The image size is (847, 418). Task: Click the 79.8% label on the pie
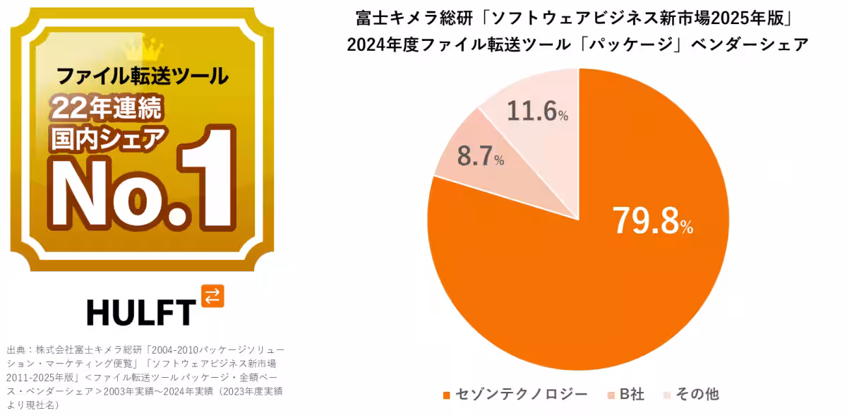652,221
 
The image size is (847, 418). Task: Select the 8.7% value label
480,157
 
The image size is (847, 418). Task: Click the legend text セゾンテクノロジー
522,394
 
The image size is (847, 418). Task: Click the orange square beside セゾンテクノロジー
446,395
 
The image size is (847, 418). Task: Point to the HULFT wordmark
140,311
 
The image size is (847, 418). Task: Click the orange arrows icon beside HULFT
212,296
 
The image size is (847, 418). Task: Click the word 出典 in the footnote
16,350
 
